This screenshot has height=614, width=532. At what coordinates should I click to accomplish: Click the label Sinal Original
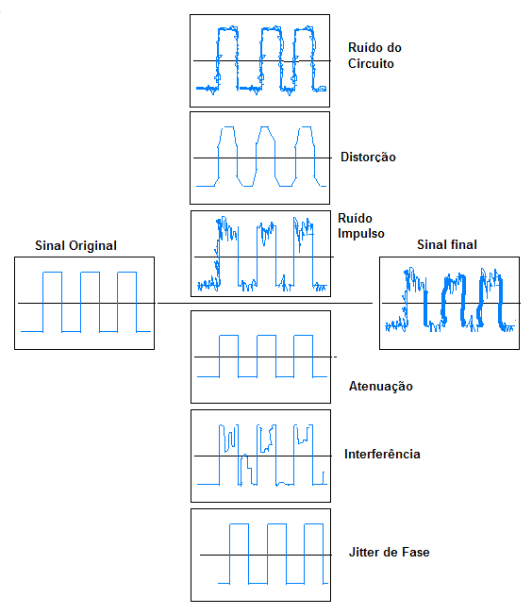tap(75, 245)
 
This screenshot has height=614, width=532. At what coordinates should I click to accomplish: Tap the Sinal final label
tap(447, 244)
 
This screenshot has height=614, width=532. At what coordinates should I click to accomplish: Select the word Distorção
tap(368, 157)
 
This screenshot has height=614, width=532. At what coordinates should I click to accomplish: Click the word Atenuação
tap(381, 386)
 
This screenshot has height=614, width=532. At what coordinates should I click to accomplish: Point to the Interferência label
tap(382, 455)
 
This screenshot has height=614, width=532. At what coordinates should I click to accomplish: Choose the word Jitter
tap(365, 552)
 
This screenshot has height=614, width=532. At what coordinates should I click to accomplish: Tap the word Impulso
tap(361, 233)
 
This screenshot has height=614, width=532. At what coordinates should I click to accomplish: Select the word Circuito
tap(371, 63)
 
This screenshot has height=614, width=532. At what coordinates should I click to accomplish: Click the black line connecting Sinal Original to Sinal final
tap(265, 303)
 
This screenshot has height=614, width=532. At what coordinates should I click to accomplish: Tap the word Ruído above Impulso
tap(355, 218)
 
